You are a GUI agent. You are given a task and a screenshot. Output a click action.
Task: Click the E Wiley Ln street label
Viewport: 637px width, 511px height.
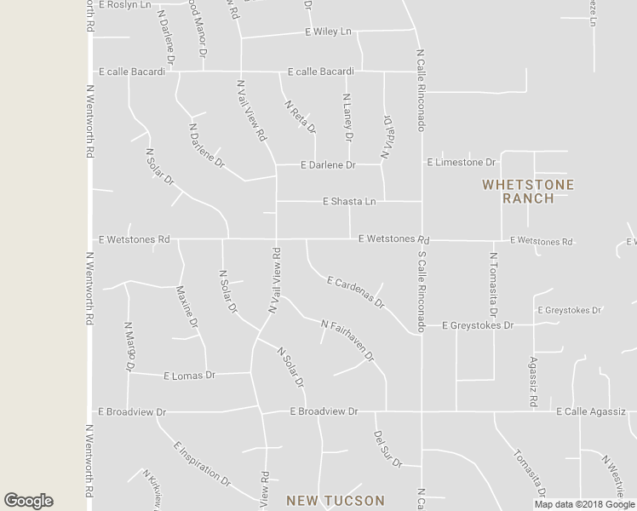point(328,32)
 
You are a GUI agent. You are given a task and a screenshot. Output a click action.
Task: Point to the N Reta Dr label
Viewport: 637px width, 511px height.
point(299,116)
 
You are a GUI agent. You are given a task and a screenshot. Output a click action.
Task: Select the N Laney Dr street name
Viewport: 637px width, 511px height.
point(347,118)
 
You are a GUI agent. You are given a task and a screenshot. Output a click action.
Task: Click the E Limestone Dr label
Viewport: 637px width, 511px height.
point(462,162)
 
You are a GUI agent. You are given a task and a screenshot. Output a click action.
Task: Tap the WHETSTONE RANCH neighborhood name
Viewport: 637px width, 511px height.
point(528,192)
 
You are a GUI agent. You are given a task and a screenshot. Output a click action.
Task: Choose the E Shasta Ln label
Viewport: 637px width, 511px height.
point(349,202)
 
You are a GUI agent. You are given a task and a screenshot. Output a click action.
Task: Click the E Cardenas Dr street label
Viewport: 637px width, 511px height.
point(355,291)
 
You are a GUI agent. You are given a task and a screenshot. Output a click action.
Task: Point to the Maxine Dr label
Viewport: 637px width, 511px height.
point(187,307)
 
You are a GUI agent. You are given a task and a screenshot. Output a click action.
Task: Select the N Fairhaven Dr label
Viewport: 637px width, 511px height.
point(347,340)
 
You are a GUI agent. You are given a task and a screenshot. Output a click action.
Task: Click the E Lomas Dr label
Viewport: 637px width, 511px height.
point(189,375)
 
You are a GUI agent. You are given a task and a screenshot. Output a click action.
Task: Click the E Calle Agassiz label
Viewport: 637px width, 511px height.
point(591,411)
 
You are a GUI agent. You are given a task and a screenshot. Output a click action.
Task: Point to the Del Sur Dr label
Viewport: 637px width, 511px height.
point(387,449)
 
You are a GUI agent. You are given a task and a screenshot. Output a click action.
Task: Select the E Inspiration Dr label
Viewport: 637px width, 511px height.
point(202,462)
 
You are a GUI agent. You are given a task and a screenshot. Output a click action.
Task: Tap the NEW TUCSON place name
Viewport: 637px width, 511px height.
point(336,501)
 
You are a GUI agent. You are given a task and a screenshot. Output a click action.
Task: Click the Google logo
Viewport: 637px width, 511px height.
point(28,501)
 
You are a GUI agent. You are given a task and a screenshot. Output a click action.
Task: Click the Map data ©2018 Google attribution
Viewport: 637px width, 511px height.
point(585,504)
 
